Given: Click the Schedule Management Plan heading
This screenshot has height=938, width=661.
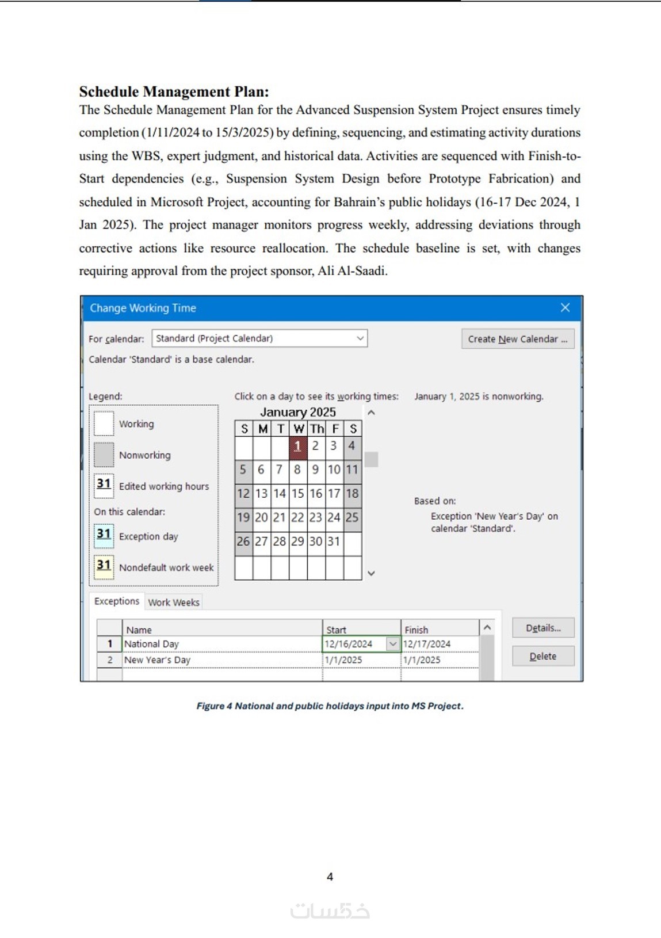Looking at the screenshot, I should [174, 91].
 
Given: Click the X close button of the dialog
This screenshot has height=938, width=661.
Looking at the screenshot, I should [565, 308].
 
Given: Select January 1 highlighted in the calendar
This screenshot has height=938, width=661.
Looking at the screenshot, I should [297, 446].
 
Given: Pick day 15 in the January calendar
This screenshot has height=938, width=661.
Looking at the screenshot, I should [297, 493].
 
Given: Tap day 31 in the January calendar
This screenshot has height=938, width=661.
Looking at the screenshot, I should [334, 541].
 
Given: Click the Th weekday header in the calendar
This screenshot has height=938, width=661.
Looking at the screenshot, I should [316, 429].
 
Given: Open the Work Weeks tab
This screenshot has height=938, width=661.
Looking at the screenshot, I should [174, 602].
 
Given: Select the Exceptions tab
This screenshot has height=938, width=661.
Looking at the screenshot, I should [117, 601].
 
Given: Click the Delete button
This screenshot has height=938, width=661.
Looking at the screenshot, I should [542, 656].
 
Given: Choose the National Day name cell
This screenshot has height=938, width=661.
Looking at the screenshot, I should [221, 644].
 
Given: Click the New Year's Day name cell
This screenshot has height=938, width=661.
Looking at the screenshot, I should [221, 660].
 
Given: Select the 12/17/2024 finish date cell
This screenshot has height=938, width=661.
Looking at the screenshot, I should [440, 644].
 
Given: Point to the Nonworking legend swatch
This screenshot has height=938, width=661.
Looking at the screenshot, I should [104, 455].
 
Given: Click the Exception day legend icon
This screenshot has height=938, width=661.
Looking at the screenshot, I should [104, 535].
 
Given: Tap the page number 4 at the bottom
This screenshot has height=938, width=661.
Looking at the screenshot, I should [330, 876].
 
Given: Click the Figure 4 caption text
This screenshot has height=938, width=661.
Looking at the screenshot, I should [330, 706].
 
